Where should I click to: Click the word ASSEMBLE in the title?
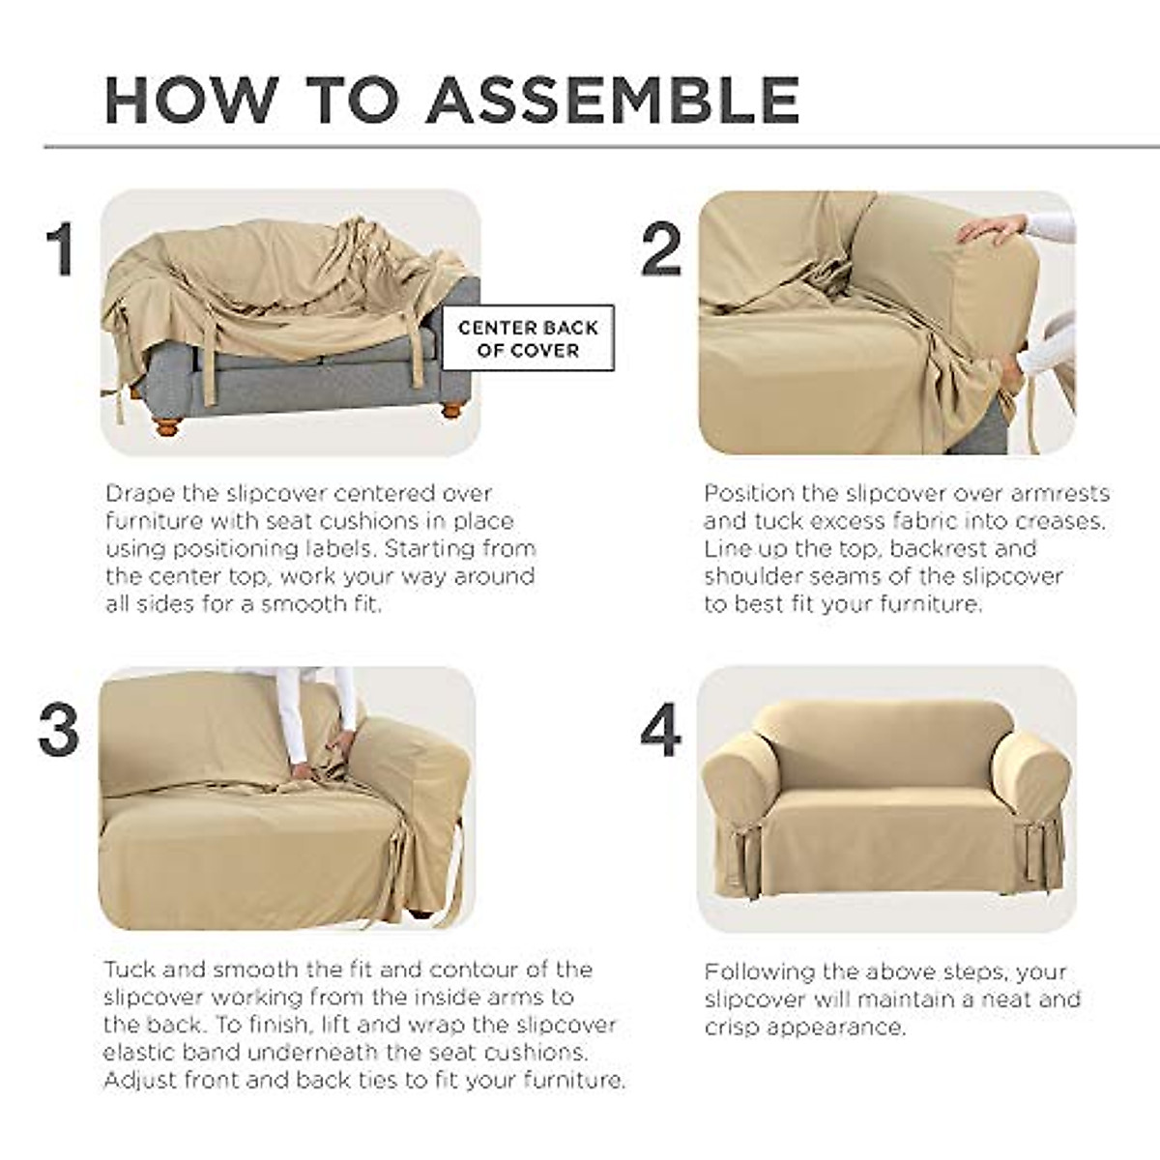pos(613,99)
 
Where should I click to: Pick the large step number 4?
pos(661,730)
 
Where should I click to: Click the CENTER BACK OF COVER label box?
pos(528,338)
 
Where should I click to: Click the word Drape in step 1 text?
pos(140,494)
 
